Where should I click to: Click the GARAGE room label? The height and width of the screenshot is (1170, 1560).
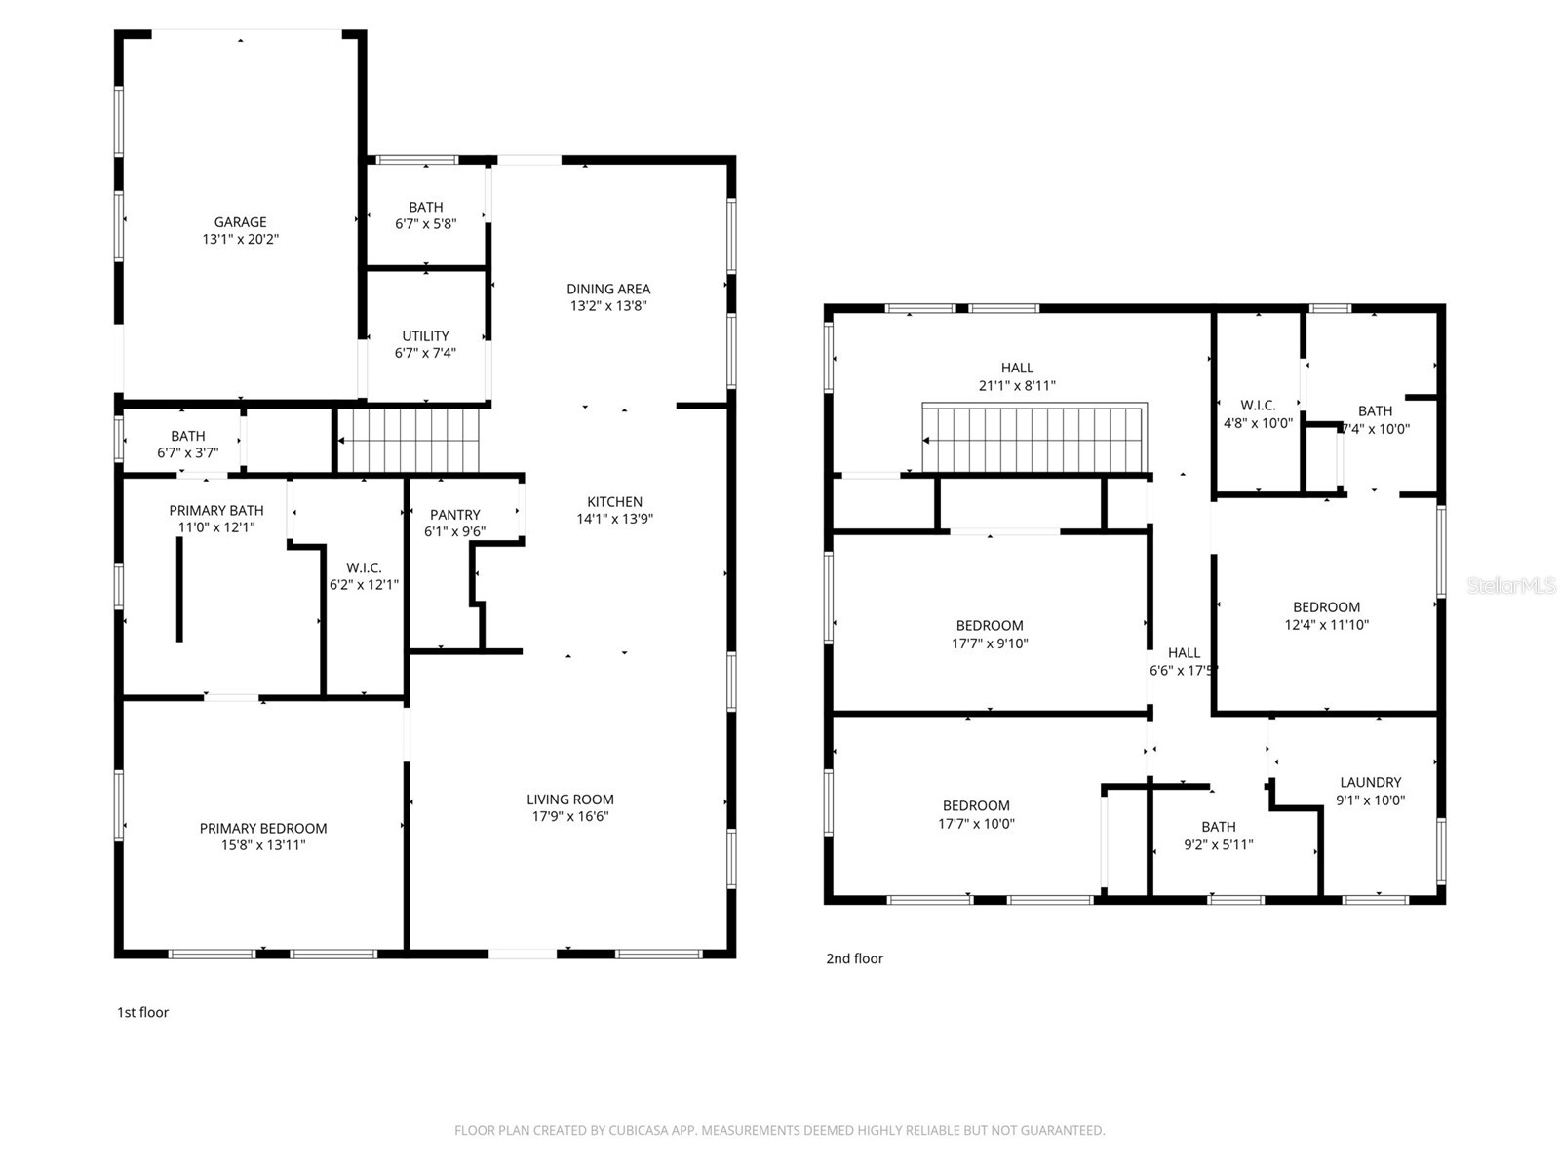[240, 222]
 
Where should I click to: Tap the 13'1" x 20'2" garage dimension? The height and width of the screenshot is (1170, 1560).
[240, 239]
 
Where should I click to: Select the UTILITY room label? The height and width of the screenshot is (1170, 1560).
[425, 336]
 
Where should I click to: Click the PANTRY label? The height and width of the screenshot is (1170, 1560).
[454, 515]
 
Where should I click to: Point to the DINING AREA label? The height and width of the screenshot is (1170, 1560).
[608, 289]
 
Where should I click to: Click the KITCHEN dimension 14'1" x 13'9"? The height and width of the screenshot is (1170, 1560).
[614, 519]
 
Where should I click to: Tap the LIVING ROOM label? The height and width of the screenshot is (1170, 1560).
[570, 799]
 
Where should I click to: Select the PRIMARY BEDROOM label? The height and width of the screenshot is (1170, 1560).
[263, 828]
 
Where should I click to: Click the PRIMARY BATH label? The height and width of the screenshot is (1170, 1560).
[216, 510]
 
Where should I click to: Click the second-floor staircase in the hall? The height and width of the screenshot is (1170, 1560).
[1033, 439]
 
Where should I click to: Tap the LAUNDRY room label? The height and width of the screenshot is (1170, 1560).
[1370, 782]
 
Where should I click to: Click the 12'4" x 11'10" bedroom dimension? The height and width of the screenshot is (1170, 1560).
[1326, 624]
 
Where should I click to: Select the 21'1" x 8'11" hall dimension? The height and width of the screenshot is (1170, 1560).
[1017, 385]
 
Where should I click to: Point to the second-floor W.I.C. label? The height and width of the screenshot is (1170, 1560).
[1258, 406]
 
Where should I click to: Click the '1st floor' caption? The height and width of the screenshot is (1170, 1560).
[142, 1012]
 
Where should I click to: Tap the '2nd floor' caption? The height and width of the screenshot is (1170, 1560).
[854, 958]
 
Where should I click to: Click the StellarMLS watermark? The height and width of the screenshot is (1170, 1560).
[1512, 585]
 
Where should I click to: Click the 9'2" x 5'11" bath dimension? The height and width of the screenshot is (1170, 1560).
[1218, 844]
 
